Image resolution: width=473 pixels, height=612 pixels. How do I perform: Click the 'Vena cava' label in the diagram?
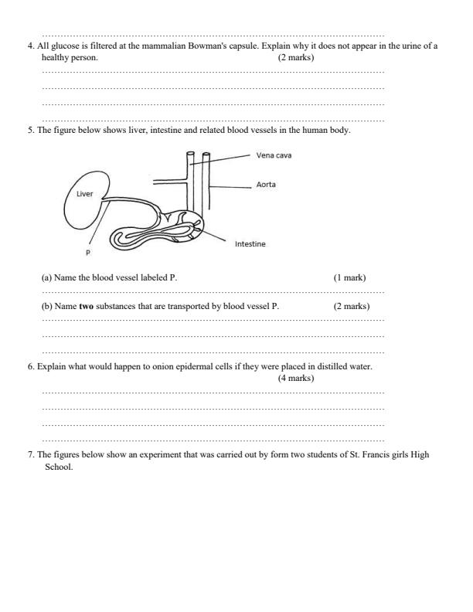point(274,155)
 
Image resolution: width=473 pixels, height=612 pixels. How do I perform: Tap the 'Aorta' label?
point(266,185)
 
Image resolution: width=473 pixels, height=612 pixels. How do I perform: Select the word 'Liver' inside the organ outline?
point(83,194)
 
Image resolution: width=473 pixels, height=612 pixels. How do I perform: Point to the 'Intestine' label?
point(250,244)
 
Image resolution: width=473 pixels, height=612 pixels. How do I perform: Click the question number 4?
point(30,46)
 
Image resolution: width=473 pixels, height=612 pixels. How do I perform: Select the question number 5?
point(30,130)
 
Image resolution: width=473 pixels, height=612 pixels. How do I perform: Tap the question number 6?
point(30,366)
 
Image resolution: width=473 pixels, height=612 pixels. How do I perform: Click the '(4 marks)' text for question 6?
point(296,378)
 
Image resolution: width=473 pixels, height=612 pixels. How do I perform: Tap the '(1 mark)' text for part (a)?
point(349,277)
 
